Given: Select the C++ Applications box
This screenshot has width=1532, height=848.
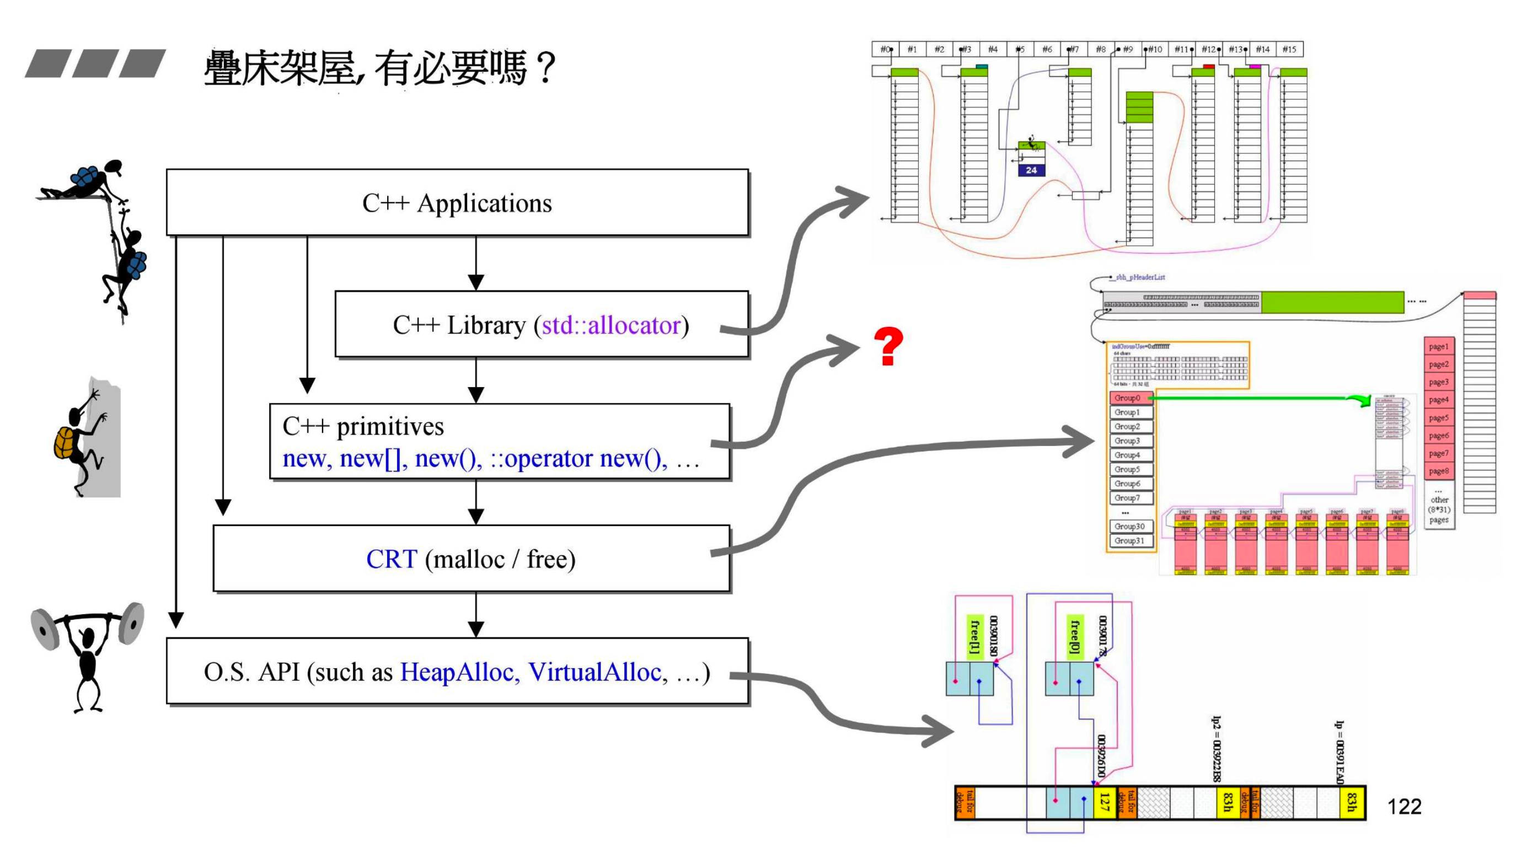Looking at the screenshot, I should pos(457,203).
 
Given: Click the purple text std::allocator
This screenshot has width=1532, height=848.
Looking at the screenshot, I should pos(611,325).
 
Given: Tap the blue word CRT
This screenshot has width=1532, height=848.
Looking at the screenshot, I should pos(392,559).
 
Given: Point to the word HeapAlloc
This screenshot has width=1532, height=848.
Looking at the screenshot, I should pos(456,672).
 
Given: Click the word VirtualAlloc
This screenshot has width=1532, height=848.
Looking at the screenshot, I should pos(594,672).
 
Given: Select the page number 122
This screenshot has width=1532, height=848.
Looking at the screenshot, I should pos(1404,807).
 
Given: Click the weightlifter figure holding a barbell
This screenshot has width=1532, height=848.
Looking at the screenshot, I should pos(88,654).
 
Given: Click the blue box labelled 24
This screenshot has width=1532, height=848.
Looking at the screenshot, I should pos(1031,170).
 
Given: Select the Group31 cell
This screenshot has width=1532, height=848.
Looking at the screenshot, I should pos(1129,540).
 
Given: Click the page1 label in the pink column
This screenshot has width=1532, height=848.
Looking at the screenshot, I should pos(1439,346).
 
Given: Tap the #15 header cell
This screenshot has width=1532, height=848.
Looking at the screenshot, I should pos(1289,50).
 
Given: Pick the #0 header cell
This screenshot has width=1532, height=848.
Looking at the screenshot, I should pos(886,50).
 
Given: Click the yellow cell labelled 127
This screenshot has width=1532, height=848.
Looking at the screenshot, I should pos(1105,802).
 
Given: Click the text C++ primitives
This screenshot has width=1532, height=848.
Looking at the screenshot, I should pos(363,426).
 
